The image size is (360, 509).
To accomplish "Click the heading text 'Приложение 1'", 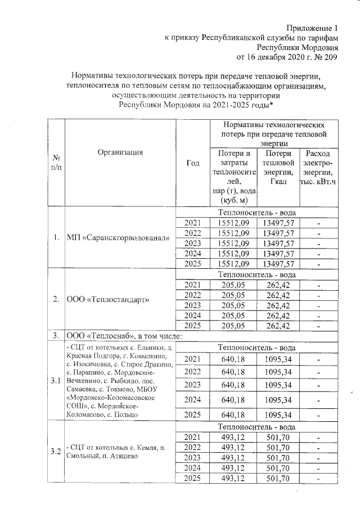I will pos(313,28).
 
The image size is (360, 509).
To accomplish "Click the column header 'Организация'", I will pos(120,152).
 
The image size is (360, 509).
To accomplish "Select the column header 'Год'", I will pos(192,163).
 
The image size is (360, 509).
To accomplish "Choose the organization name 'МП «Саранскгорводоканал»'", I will pos(118,238).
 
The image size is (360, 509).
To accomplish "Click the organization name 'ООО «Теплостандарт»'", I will pos(108,299).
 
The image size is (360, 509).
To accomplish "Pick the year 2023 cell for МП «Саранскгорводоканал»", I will pos(192,244).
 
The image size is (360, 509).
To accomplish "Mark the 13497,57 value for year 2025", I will pos(278,264).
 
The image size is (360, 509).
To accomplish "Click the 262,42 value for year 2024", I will pos(278,316).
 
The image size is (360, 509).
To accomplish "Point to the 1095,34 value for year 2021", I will pos(278,359).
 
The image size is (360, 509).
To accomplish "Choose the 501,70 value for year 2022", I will pos(278,447).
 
